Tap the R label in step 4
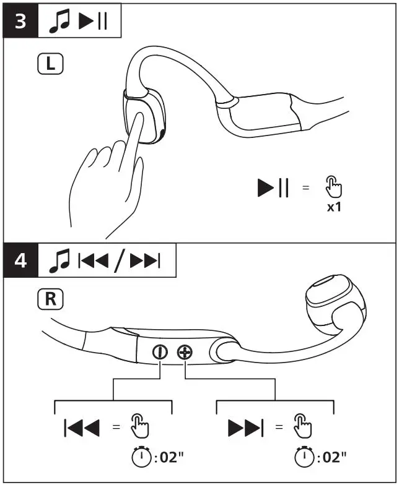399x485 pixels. coord(50,301)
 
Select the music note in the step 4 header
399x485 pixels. coord(61,262)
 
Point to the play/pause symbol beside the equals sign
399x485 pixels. coord(273,187)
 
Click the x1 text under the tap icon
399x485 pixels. coord(334,207)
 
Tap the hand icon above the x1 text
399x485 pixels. coord(333,186)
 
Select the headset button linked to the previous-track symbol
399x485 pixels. coord(160,352)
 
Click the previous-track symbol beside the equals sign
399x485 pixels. coord(82,427)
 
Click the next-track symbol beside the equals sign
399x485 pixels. coord(245,427)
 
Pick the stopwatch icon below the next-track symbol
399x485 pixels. coord(303,457)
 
